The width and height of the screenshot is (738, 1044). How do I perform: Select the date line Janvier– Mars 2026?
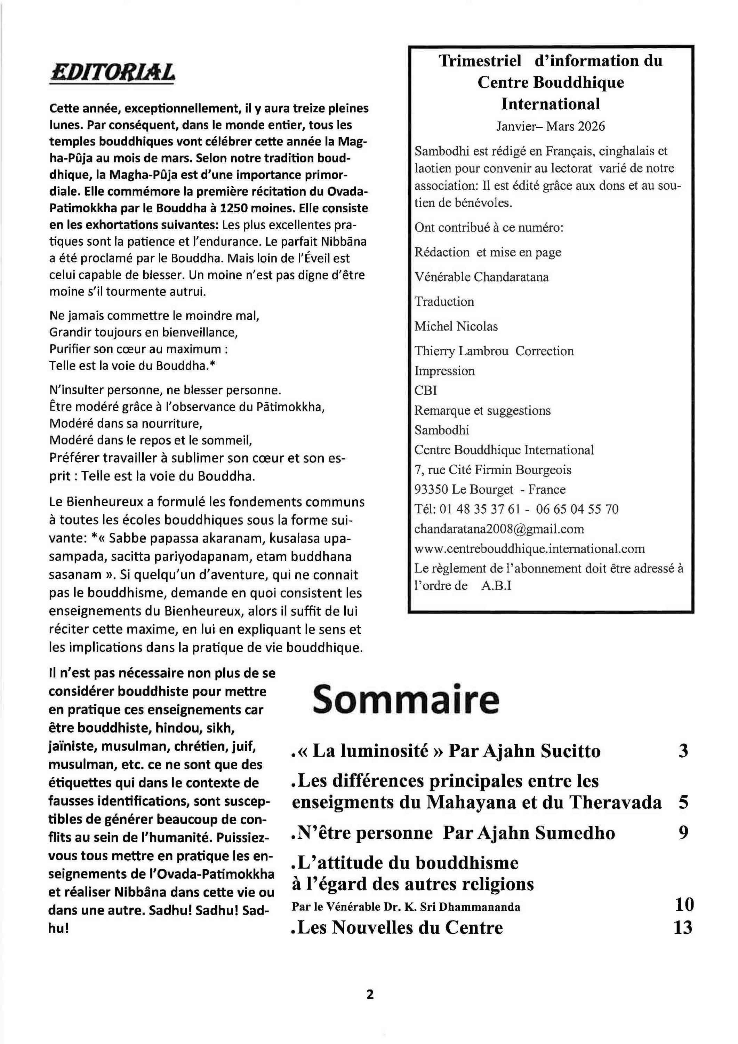click(550, 126)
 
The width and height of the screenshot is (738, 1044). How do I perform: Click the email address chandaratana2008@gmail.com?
click(499, 529)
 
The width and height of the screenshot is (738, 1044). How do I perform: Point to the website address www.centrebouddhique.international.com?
click(529, 548)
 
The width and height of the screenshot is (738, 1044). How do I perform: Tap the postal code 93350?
click(431, 489)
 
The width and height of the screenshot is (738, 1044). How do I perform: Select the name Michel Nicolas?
click(456, 326)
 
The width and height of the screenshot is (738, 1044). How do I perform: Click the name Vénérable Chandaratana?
click(481, 277)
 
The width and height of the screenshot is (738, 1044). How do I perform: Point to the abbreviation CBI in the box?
click(425, 390)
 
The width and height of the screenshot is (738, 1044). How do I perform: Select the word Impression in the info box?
click(444, 371)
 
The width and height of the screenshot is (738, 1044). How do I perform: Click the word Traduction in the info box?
click(444, 301)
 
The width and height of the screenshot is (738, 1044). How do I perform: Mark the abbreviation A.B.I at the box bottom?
click(496, 585)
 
